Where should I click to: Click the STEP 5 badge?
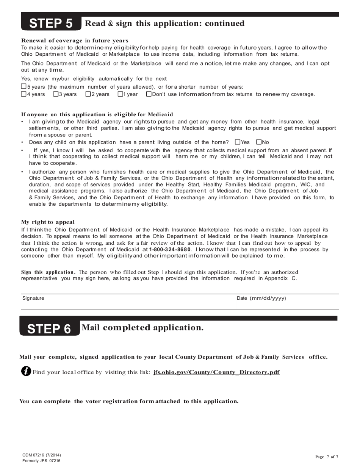pos(51,23)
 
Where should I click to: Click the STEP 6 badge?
pos(50,328)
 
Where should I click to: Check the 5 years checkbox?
pos(23,87)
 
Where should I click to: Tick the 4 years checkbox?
pos(23,94)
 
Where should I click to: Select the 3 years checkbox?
pos(56,94)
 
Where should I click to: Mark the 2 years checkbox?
pos(88,94)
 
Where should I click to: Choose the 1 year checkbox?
pos(120,94)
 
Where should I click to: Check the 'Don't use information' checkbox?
pos(149,94)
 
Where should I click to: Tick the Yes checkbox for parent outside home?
pos(238,142)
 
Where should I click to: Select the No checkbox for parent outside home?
pos(259,142)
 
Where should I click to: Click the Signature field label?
pos(33,298)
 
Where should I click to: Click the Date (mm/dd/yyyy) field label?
pos(261,298)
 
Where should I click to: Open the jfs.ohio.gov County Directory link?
pos(216,372)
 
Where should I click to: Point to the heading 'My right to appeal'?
pos(48,222)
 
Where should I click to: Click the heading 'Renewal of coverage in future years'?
pos(75,41)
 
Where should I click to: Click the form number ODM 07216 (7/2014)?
pos(41,455)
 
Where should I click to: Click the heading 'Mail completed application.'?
pos(142,328)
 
